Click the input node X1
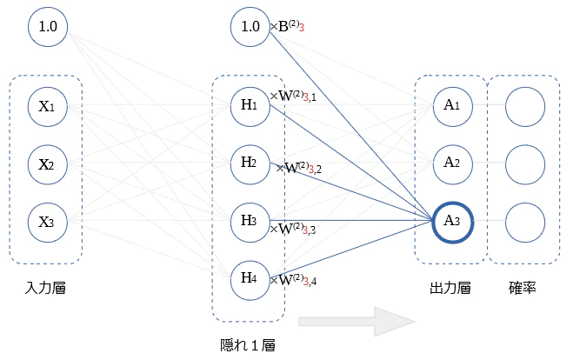tap(48, 106)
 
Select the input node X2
tap(48, 164)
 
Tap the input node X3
tap(48, 223)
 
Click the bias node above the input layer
tap(48, 27)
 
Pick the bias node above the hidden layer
tap(250, 27)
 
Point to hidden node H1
tap(250, 106)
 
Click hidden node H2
tap(250, 164)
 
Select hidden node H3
tap(250, 223)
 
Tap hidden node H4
tap(250, 280)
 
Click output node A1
tap(453, 106)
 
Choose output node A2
tap(453, 164)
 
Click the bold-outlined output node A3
tap(453, 223)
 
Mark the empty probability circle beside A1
tap(525, 106)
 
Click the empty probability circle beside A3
tap(525, 223)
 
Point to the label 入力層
tap(45, 288)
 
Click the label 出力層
tap(450, 288)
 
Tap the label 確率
tap(523, 288)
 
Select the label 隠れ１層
tap(248, 345)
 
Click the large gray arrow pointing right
tap(357, 322)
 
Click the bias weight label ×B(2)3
tap(287, 26)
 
